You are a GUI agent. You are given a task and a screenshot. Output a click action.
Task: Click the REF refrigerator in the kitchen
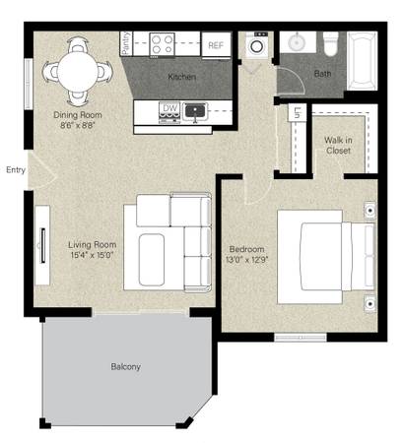(216, 45)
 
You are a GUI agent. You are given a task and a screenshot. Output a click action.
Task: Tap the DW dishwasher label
(169, 108)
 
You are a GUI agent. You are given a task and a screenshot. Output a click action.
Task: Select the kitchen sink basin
(195, 111)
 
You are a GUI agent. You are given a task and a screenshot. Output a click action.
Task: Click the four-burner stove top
(162, 44)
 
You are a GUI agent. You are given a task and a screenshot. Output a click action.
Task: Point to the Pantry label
(126, 43)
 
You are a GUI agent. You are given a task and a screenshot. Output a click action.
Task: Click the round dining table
(78, 72)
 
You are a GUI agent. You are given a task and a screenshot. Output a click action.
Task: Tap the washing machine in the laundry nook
(256, 45)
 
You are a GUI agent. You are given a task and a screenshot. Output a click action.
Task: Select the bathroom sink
(297, 42)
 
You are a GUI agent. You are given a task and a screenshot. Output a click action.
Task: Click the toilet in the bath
(330, 43)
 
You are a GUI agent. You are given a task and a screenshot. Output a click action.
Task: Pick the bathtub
(362, 61)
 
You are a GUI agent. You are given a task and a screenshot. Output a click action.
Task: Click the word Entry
(16, 170)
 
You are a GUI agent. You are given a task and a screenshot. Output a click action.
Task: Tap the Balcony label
(125, 366)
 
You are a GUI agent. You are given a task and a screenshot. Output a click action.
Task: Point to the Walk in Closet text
(338, 146)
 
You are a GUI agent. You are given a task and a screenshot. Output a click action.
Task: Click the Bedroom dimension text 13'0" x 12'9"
(247, 260)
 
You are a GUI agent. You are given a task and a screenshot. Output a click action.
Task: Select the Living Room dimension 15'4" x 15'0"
(92, 255)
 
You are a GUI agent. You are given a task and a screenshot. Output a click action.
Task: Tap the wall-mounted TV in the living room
(42, 245)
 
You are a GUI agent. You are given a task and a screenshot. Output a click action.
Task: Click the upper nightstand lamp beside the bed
(369, 210)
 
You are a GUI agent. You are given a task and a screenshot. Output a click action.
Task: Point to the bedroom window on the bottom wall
(301, 338)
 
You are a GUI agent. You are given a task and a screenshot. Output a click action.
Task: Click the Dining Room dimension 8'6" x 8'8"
(78, 125)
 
